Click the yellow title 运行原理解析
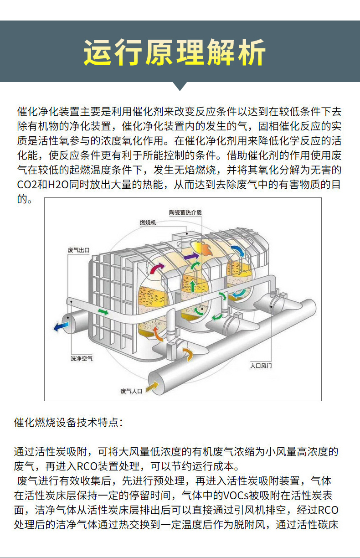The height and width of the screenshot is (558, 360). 175,52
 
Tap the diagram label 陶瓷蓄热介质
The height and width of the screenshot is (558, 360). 185,212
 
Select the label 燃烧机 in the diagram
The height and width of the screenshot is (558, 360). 148,222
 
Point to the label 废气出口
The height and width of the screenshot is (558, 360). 78,250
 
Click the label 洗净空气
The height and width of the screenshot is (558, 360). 82,358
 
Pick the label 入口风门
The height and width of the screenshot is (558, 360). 261,366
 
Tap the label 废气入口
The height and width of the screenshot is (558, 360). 131,391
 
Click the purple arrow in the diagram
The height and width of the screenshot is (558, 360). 191,256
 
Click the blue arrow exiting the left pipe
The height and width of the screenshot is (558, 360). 61,326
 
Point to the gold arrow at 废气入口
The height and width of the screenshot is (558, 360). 152,387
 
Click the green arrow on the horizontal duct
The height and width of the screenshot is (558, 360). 103,312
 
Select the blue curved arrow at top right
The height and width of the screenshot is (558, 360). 238,251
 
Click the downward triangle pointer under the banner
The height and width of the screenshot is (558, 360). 180,86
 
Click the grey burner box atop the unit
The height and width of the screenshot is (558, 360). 184,236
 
